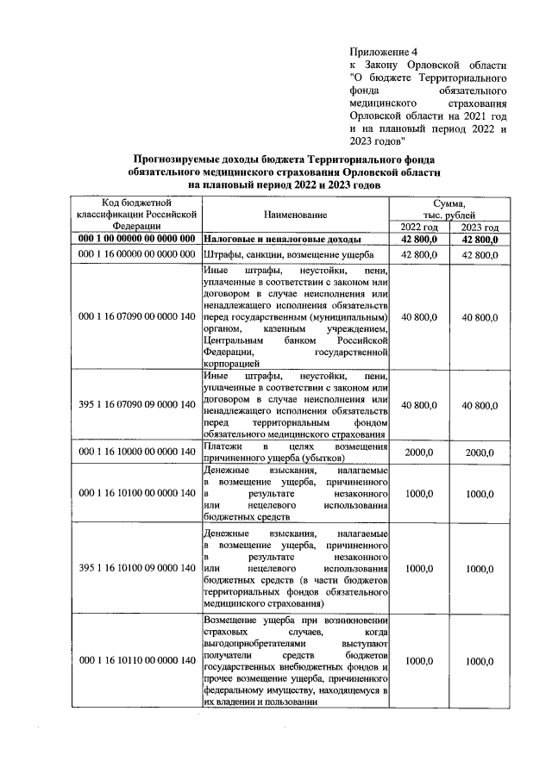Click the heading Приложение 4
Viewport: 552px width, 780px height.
coord(386,52)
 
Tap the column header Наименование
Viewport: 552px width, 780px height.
coord(296,214)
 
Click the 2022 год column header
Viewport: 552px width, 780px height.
coord(419,227)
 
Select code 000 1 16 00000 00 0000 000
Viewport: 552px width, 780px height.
coord(138,256)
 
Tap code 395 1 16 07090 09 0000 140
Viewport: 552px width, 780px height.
coord(138,405)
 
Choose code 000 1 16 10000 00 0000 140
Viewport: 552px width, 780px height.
coord(138,452)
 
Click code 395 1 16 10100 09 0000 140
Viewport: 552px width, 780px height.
coord(138,570)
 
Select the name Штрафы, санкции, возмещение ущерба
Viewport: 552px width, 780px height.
coord(289,256)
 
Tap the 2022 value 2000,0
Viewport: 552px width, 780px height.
coord(418,452)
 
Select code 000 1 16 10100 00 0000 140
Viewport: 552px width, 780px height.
coord(138,493)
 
